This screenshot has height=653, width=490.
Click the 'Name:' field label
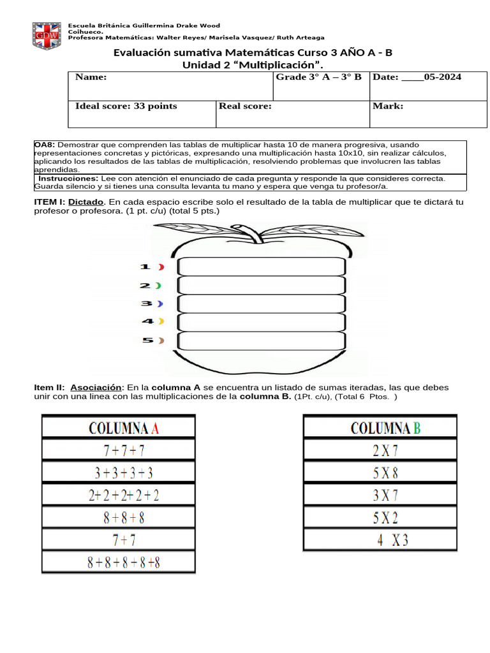click(x=91, y=77)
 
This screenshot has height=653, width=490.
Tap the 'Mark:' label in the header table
click(x=388, y=106)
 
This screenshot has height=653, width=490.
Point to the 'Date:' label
click(x=385, y=77)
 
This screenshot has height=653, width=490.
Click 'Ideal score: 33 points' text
click(x=126, y=106)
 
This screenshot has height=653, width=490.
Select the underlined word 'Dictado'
click(x=85, y=202)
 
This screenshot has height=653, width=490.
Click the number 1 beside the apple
click(x=145, y=267)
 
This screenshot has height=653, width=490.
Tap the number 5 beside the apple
click(x=147, y=341)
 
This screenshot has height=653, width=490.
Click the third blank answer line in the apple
click(x=262, y=304)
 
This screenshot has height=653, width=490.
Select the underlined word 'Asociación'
click(x=96, y=388)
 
